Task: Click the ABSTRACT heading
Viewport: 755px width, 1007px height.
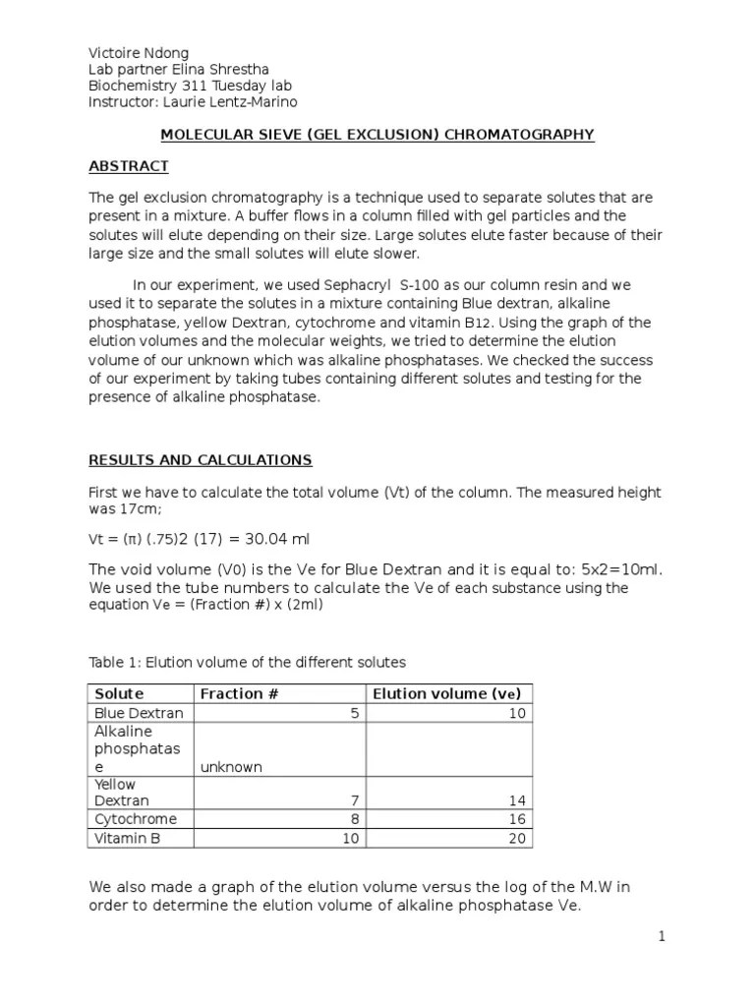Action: [x=129, y=166]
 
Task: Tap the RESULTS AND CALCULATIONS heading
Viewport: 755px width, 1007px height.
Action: [x=201, y=460]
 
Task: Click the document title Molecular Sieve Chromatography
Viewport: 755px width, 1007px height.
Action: [x=377, y=135]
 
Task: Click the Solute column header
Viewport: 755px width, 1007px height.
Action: [x=119, y=694]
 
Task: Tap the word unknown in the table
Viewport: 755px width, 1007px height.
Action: [x=231, y=767]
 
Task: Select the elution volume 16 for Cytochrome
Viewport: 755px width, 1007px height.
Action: [x=518, y=819]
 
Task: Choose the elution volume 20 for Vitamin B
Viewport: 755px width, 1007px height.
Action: [x=518, y=838]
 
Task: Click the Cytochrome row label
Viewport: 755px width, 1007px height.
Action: [x=136, y=819]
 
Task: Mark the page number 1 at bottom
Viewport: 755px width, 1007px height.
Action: [x=663, y=937]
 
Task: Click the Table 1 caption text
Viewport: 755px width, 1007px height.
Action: [x=247, y=662]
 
